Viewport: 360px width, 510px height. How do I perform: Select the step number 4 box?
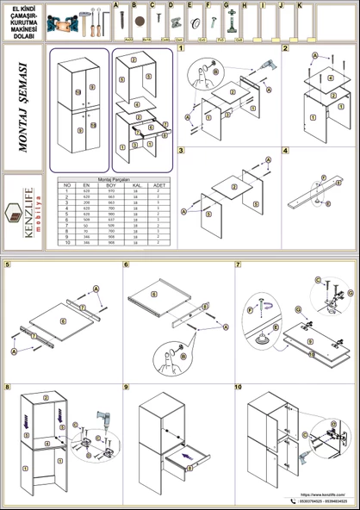point(286,152)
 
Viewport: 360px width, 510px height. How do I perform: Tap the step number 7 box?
point(239,264)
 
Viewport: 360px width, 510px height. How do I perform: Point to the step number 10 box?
point(239,388)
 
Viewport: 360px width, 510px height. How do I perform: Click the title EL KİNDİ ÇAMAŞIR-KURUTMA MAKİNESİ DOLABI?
point(22,20)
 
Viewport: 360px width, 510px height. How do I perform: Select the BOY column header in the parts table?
point(110,185)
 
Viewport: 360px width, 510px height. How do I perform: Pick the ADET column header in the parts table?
point(158,185)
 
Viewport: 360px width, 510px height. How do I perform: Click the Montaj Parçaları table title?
point(113,179)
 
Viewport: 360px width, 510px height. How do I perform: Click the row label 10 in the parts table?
point(67,243)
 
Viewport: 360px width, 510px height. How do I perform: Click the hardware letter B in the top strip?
point(134,5)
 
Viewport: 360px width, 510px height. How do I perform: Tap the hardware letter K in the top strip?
point(299,5)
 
